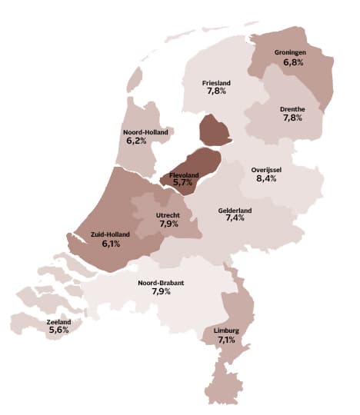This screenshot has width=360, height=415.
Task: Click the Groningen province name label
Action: coord(290,52)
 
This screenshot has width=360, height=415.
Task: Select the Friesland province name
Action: coord(216,82)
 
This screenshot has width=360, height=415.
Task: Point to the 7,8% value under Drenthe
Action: coord(293,118)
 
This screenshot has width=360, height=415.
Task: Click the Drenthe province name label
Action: coord(293,109)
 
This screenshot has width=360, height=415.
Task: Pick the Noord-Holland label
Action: coord(141,132)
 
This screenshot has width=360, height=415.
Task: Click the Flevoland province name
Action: coord(183,175)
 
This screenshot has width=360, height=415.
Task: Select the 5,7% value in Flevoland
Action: coord(182,184)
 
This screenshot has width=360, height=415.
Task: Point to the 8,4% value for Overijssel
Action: coord(266,179)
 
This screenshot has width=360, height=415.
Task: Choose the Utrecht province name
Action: coord(168,215)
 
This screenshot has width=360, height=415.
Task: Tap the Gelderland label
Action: coord(235,210)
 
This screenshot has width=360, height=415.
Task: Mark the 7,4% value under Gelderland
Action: coord(235,219)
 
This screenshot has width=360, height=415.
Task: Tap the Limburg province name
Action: coord(227,330)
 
